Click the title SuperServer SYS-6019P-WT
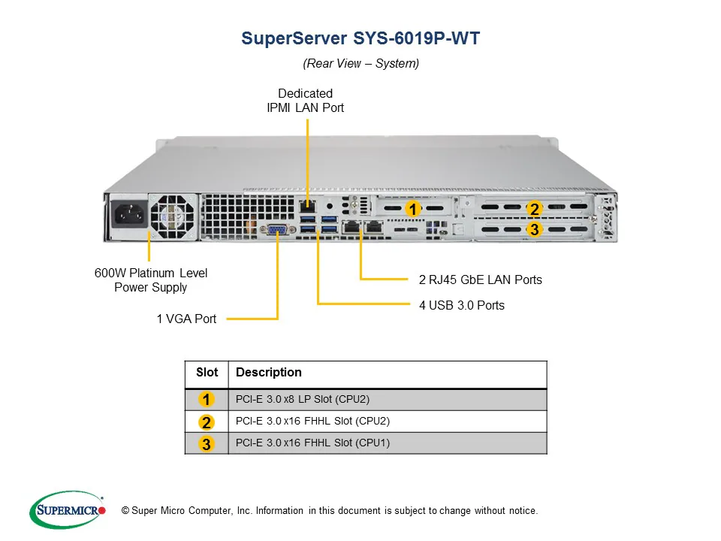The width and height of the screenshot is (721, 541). (x=360, y=38)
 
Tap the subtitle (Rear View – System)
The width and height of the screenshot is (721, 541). (x=360, y=64)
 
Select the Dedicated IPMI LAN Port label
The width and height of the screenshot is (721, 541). (x=305, y=101)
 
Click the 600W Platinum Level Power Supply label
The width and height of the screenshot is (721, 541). (x=151, y=280)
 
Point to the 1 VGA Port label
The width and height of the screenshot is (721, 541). (x=186, y=319)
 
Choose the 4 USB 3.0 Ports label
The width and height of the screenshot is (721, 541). (x=461, y=305)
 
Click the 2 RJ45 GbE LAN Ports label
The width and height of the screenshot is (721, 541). (x=480, y=280)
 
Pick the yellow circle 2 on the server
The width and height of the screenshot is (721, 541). (x=533, y=209)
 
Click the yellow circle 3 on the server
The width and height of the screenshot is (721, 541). (x=533, y=229)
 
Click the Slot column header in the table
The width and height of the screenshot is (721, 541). (x=207, y=373)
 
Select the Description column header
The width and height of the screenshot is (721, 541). (x=268, y=373)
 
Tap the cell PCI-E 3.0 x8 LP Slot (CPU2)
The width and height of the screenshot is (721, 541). (x=303, y=399)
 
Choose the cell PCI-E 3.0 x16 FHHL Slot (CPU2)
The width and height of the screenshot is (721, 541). (x=312, y=421)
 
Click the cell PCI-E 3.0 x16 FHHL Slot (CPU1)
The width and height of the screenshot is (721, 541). (x=312, y=443)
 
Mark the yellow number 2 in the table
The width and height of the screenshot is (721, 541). (x=207, y=422)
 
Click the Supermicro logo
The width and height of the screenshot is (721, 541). (x=68, y=511)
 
